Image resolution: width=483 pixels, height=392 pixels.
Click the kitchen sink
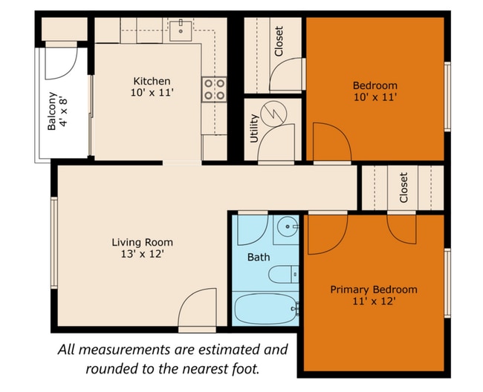(x=181, y=30)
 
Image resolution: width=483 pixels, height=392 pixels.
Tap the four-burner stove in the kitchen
(x=214, y=90)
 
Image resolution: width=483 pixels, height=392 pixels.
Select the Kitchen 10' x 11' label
(x=152, y=87)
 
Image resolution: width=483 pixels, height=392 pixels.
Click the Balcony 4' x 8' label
(x=57, y=111)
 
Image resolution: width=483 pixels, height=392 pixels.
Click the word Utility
(x=254, y=128)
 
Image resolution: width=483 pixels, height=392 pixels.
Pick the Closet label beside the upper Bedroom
(x=279, y=42)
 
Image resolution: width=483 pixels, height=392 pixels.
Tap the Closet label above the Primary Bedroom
(x=403, y=187)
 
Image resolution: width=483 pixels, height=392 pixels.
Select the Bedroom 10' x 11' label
(x=375, y=91)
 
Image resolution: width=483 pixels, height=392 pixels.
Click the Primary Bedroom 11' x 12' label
(x=374, y=295)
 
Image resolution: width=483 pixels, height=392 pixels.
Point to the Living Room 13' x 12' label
(x=142, y=248)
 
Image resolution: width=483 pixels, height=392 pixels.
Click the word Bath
(x=259, y=257)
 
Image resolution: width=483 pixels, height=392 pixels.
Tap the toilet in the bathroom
(x=283, y=275)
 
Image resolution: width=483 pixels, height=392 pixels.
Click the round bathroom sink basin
(x=287, y=226)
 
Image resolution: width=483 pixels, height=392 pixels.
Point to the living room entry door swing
(x=197, y=307)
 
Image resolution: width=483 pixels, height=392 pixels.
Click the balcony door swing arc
(x=61, y=63)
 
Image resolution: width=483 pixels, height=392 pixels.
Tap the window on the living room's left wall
(x=54, y=243)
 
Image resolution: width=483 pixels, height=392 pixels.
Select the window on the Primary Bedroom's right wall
(x=447, y=283)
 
